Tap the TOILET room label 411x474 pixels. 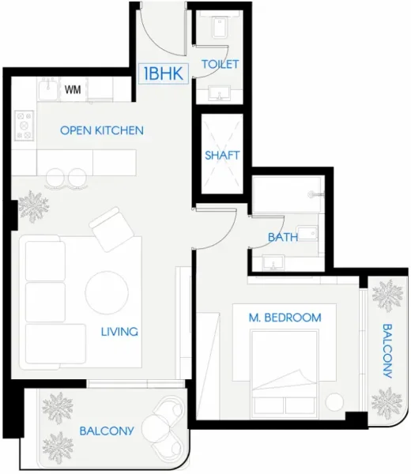[221, 64]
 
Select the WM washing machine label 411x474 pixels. [74, 89]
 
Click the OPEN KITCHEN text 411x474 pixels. [102, 130]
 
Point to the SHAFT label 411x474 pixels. [221, 155]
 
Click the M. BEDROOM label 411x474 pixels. [285, 318]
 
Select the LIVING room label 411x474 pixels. [119, 332]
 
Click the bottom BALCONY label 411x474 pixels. [107, 431]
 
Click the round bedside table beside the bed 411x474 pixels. [335, 402]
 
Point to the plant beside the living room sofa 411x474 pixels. [34, 207]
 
